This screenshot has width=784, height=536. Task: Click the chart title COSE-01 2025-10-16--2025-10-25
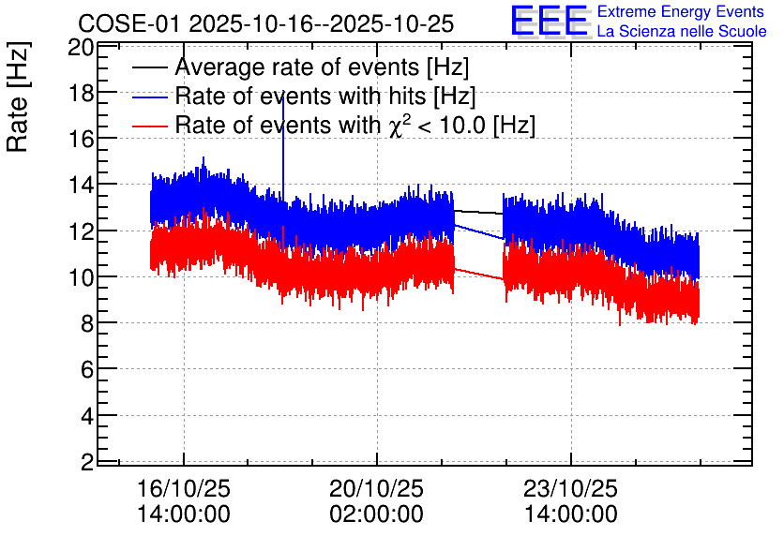(x=266, y=23)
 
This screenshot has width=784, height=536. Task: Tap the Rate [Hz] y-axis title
(x=18, y=97)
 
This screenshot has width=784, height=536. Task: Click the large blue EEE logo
(x=550, y=21)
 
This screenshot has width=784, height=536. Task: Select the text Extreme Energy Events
(x=681, y=11)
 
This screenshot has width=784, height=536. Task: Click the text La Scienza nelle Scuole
(x=682, y=31)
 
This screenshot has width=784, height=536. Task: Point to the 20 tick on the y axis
(x=82, y=48)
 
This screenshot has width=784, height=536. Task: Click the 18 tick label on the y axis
(x=82, y=93)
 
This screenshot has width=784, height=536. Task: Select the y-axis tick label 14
(x=82, y=186)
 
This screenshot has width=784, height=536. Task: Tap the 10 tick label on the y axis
(x=82, y=277)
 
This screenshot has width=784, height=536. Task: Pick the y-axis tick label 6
(x=87, y=369)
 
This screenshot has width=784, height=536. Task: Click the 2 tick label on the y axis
(x=87, y=462)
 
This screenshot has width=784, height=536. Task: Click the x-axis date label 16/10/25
(x=184, y=488)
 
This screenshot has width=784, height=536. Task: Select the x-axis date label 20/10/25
(x=376, y=488)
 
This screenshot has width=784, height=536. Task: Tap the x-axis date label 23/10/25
(x=570, y=488)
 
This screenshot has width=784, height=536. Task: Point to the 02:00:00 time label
(x=376, y=514)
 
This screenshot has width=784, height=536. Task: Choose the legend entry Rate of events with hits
(x=305, y=96)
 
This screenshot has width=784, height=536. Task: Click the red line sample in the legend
(x=149, y=126)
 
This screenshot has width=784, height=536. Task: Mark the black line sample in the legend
(x=149, y=67)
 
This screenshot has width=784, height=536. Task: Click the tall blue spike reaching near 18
(x=283, y=145)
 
